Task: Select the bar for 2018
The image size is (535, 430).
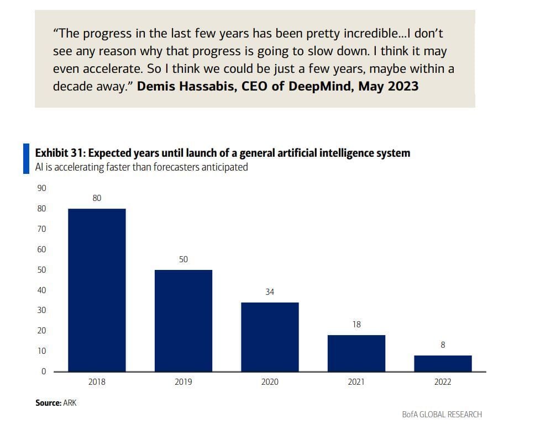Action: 97,290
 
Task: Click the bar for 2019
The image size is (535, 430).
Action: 183,320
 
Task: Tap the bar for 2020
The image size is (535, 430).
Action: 270,337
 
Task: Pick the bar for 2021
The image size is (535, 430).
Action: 356,353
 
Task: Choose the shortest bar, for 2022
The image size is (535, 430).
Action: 443,363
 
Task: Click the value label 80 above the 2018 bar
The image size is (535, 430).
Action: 97,198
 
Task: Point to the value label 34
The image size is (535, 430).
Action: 270,291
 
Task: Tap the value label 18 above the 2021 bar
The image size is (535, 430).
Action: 356,325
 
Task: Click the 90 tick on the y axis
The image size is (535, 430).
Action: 41,188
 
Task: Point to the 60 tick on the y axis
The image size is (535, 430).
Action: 41,249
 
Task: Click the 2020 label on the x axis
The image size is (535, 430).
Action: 270,382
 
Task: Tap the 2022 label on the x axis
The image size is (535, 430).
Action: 443,382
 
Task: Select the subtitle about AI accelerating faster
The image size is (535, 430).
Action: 141,167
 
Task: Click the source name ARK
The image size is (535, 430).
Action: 70,403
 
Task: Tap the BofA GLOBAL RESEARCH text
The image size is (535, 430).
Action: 442,415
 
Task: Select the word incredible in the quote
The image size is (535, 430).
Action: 361,33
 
